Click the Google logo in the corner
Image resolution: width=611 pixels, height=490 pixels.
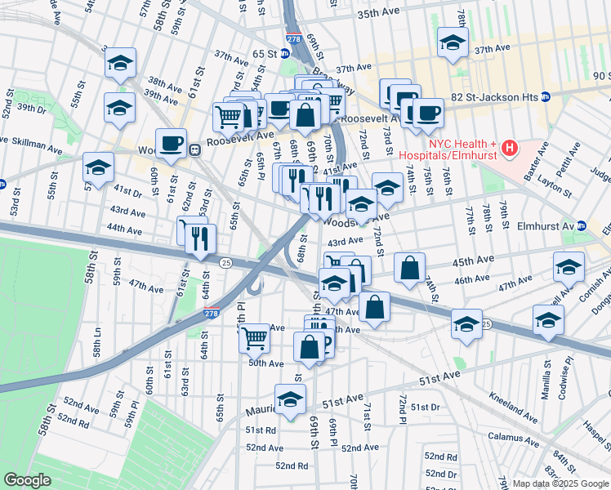point(26,480)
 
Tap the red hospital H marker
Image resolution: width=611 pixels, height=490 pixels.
point(510,148)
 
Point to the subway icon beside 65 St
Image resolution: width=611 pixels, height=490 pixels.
point(284,54)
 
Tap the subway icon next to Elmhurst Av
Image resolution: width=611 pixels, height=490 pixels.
point(582,226)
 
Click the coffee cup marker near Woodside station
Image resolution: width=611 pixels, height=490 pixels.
point(172,144)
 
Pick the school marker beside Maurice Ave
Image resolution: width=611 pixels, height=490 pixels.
point(289,399)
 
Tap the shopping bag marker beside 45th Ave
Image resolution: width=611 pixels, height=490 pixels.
point(410,266)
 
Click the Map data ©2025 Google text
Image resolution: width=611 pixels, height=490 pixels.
point(560,483)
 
